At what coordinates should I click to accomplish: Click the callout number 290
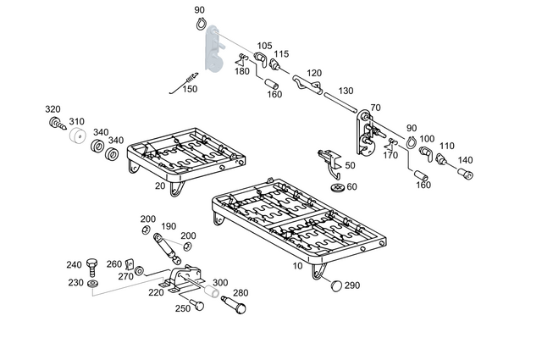pos(352,285)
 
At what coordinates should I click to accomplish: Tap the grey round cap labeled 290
pos(335,285)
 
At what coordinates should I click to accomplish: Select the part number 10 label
pos(297,265)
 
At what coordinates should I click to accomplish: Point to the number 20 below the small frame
pos(159,186)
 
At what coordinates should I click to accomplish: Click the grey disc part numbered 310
pos(78,137)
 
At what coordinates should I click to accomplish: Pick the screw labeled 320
pos(57,124)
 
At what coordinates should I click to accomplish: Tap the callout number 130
pos(346,91)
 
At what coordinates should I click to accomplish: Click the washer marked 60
pos(338,186)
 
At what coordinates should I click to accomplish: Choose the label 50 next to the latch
pos(350,165)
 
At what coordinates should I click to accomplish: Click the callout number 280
pos(241,293)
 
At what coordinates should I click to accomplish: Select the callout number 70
pos(375,108)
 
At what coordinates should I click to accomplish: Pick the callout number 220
pos(156,293)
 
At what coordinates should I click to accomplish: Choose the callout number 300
pos(220,282)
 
